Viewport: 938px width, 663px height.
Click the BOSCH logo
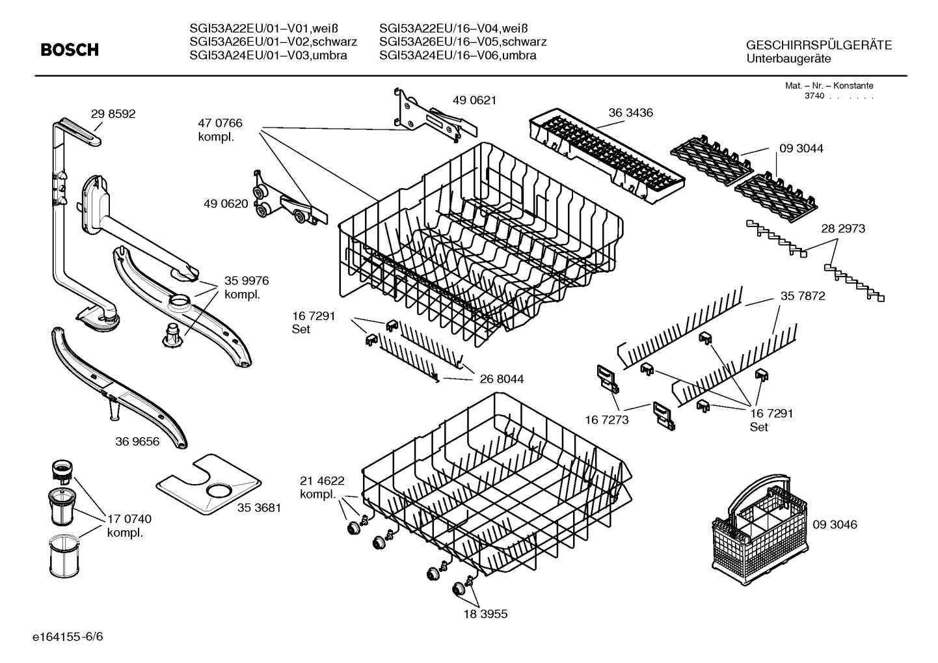pos(70,49)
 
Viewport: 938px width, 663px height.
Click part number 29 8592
pos(113,114)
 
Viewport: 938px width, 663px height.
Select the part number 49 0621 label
pos(474,100)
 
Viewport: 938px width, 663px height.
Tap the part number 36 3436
pos(630,113)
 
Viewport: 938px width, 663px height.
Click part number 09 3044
pos(801,148)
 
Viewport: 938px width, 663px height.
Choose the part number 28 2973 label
pos(843,228)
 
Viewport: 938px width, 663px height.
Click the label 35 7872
pos(803,296)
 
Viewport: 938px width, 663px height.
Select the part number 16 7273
pos(606,420)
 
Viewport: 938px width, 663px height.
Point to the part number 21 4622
pos(322,481)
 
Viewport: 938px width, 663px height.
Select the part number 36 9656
pos(137,442)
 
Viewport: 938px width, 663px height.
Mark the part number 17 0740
pos(129,519)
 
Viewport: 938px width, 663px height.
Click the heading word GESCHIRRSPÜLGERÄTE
pos(819,46)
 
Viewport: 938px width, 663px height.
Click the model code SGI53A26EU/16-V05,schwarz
pos(462,42)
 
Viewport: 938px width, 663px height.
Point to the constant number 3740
pos(814,96)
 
